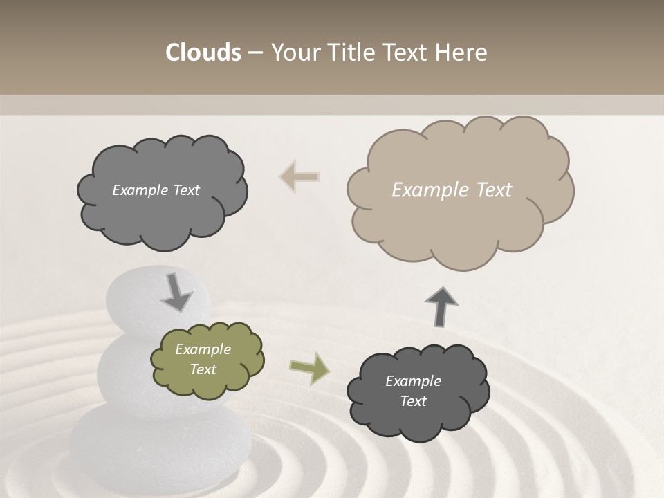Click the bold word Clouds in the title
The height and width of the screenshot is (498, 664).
pyautogui.click(x=203, y=53)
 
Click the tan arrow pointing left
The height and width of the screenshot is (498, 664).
pyautogui.click(x=299, y=177)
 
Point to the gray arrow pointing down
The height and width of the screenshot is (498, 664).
pyautogui.click(x=176, y=293)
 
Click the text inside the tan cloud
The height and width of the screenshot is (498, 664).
pyautogui.click(x=452, y=190)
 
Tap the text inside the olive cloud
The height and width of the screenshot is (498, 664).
pyautogui.click(x=203, y=359)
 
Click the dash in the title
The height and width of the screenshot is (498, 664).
pyautogui.click(x=255, y=53)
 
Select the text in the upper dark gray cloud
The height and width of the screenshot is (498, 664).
pyautogui.click(x=156, y=190)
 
